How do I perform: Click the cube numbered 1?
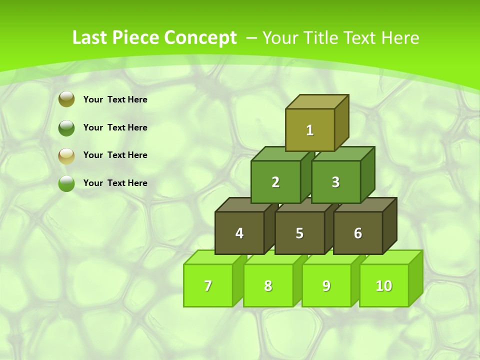310,130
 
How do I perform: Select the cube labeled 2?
275,182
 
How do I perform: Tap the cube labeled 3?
335,182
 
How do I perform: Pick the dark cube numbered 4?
239,233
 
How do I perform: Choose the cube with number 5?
299,233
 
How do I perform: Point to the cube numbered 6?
357,233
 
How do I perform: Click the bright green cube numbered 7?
208,285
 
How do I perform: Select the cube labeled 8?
268,285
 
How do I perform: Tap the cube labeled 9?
326,285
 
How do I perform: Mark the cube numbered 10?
384,285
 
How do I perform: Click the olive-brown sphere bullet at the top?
66,99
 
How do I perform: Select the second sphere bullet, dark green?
66,127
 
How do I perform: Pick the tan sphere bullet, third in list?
66,155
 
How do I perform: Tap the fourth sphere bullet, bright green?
66,183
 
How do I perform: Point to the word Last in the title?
90,38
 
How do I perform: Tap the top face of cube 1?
317,101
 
